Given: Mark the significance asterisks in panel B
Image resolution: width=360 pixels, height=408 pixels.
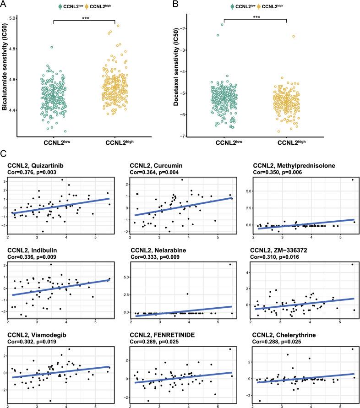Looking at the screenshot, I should tap(255, 18).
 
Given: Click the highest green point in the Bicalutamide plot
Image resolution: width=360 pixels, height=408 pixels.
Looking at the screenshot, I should tap(52, 47).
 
